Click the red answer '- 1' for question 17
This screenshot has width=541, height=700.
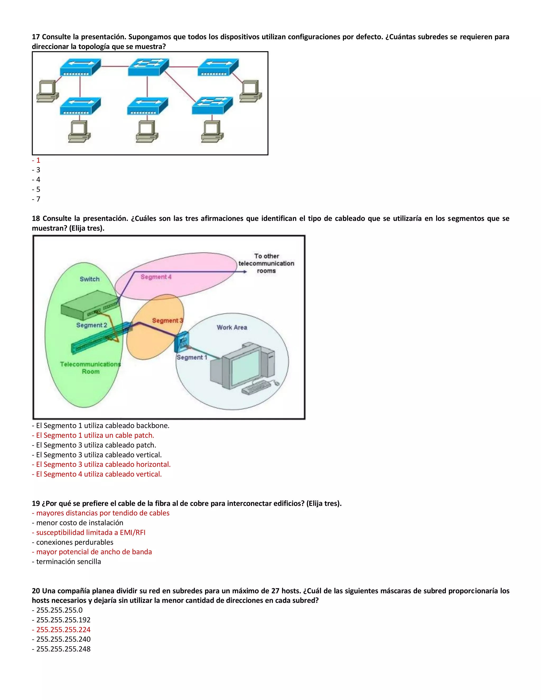36,160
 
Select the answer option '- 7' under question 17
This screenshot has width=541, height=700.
36,199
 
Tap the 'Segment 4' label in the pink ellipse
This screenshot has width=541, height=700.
156,277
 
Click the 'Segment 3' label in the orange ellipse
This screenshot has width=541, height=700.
167,320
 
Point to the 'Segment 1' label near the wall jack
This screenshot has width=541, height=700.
192,357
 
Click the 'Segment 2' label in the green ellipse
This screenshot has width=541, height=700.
91,325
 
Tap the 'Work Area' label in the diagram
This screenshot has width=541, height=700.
232,327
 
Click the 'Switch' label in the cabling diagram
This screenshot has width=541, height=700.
90,279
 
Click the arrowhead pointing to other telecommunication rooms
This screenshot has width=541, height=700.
245,272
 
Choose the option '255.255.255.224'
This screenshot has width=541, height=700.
63,629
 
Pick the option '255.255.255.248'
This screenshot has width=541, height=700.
63,649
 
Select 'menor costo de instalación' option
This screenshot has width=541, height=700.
80,523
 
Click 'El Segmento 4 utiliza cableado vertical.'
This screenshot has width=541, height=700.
99,474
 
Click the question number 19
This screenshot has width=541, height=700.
36,503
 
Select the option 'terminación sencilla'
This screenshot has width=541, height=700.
68,562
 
